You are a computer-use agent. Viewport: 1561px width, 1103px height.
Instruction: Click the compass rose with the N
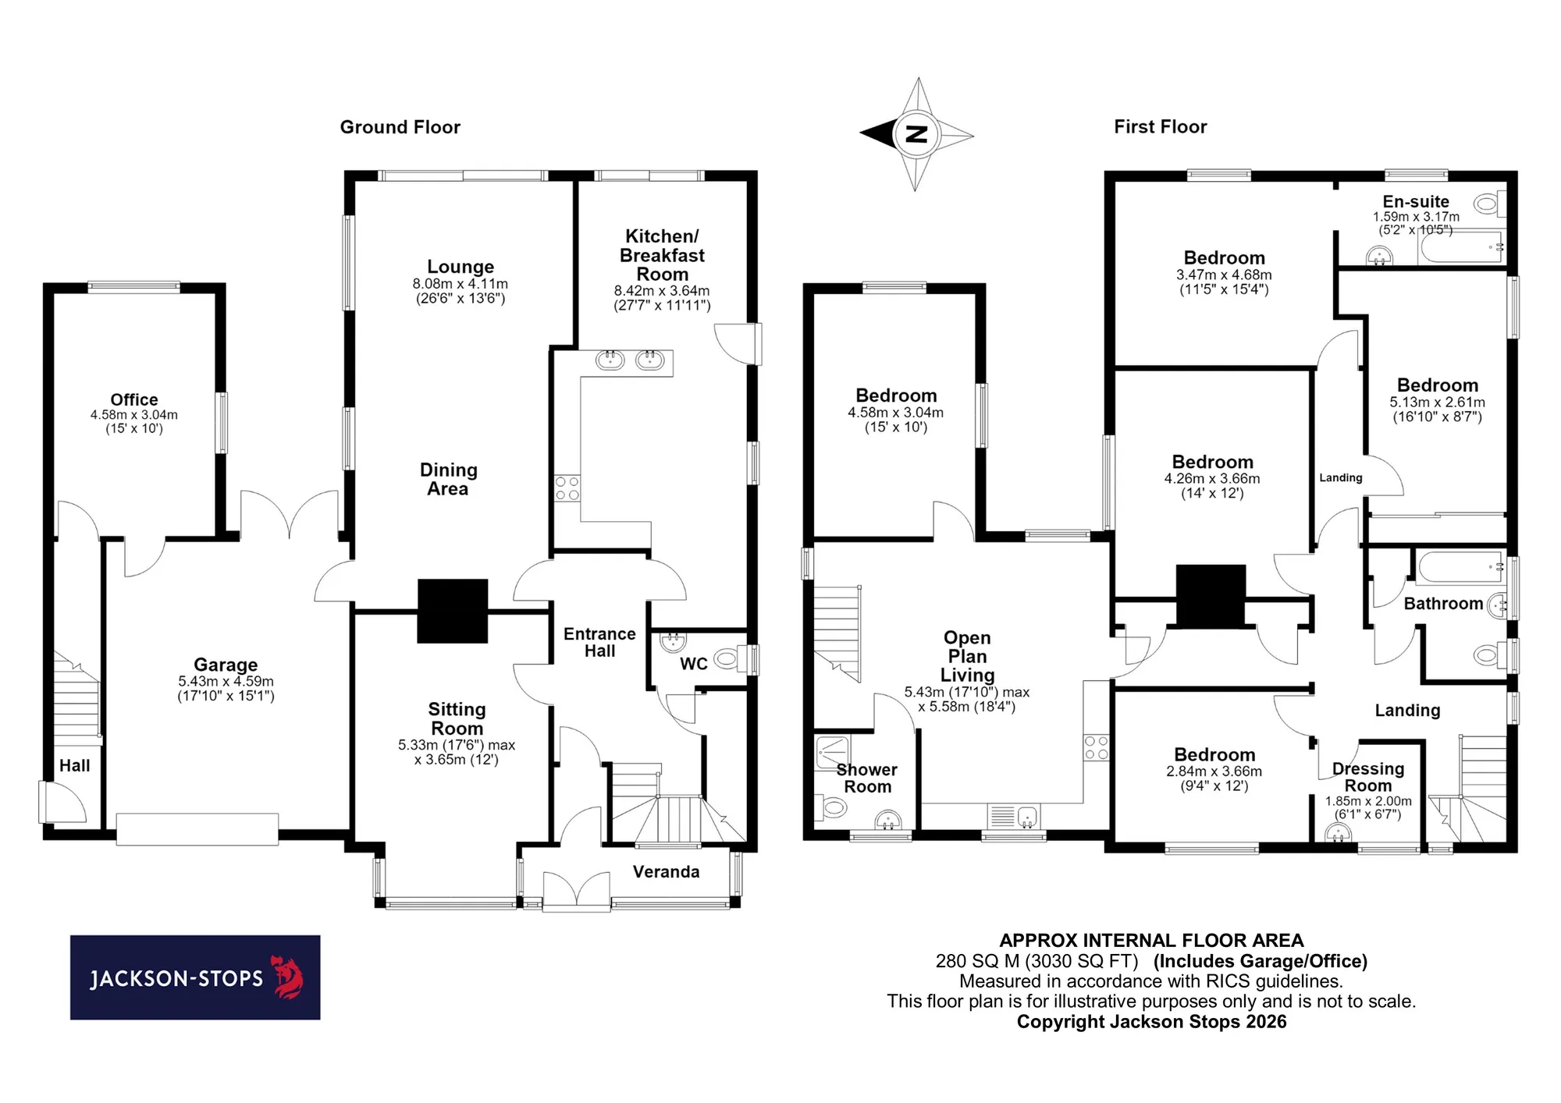(916, 133)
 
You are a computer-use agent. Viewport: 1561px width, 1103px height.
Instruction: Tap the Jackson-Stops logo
(195, 977)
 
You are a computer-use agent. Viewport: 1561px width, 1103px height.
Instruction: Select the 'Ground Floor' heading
(400, 127)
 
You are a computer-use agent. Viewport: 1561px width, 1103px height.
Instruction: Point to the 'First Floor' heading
(1161, 127)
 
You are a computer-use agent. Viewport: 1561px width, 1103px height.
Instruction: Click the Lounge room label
(460, 267)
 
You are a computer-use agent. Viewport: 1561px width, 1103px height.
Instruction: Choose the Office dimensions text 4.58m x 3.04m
(134, 415)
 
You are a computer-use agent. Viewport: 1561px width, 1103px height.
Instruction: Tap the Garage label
(226, 665)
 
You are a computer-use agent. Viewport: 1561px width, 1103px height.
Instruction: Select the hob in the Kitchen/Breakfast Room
(567, 488)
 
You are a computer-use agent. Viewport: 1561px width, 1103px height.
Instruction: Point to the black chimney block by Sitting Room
(453, 611)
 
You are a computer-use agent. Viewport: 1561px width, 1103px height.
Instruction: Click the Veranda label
(666, 872)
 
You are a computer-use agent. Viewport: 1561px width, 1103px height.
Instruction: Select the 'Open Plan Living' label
(967, 657)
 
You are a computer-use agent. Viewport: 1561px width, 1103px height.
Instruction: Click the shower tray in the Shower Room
(833, 753)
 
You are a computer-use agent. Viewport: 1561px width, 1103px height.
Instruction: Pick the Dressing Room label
(1368, 777)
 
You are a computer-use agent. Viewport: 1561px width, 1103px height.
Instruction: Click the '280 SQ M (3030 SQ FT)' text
(1037, 961)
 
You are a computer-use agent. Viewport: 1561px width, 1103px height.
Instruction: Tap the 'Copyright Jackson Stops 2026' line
(1151, 1022)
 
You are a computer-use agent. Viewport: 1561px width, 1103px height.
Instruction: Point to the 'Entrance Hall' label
(599, 643)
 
